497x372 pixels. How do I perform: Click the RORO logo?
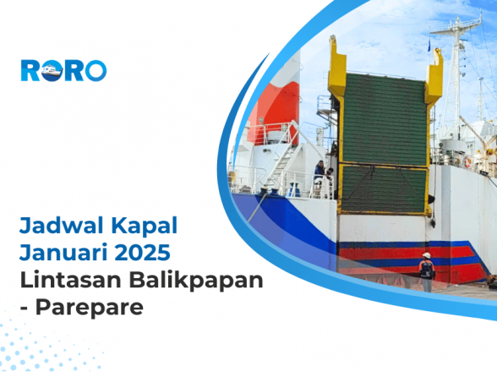pyautogui.click(x=63, y=70)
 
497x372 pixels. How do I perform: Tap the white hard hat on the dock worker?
pyautogui.click(x=427, y=255)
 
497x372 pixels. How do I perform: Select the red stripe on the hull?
pyautogui.click(x=397, y=252)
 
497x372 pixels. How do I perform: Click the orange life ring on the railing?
pyautogui.click(x=467, y=161)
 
